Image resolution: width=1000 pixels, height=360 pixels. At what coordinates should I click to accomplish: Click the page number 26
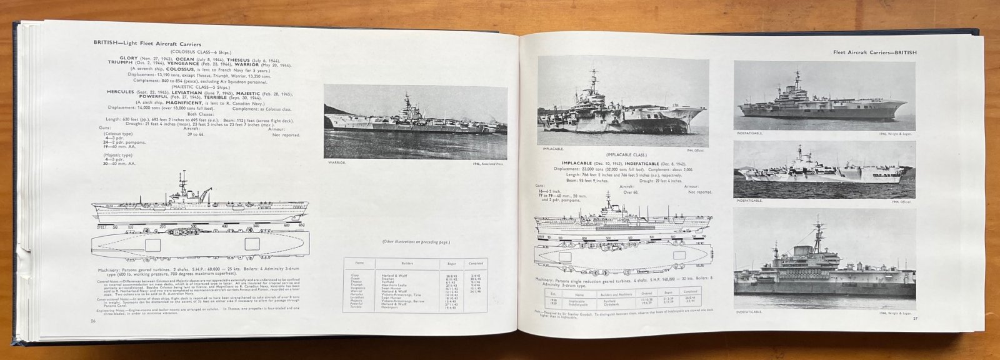click(x=92, y=321)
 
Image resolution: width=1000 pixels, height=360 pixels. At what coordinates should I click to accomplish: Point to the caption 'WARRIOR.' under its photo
click(x=336, y=163)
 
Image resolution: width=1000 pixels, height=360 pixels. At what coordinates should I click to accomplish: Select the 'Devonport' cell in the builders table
click(x=391, y=306)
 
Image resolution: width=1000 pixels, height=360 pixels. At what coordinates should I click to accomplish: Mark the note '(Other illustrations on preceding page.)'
click(x=418, y=241)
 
